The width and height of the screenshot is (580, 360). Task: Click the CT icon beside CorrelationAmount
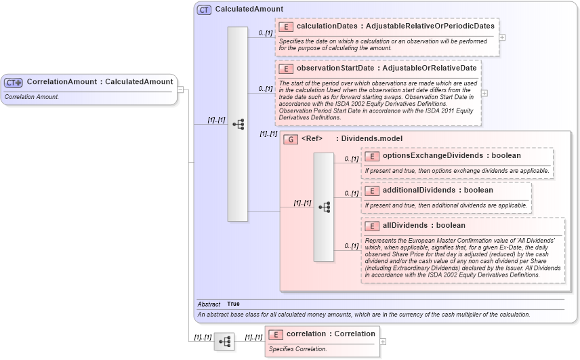14,82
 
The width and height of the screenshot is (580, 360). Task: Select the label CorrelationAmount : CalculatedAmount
100,82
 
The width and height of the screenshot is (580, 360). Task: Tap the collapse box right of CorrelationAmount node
181,89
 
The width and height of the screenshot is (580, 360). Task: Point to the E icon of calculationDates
285,26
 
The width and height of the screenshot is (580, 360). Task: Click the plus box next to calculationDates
502,37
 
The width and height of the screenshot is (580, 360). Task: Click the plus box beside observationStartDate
484,93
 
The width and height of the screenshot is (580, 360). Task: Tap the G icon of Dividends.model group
291,139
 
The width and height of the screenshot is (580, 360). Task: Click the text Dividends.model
371,139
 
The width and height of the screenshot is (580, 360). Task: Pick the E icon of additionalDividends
371,191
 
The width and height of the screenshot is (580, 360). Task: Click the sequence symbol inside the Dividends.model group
324,207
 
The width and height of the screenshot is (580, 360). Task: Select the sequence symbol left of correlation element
224,342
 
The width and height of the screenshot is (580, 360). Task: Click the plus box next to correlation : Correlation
384,342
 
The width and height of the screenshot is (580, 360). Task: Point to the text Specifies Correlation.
298,349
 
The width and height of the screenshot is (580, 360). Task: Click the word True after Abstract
233,304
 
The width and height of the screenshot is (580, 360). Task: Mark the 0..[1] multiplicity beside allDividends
351,246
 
